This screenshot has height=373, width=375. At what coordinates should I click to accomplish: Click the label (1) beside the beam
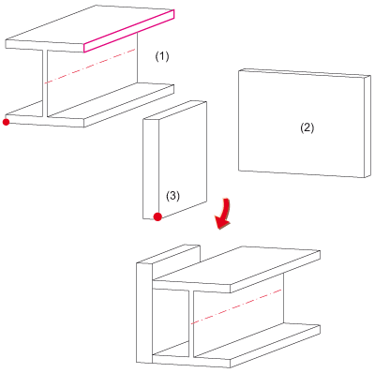click(x=162, y=56)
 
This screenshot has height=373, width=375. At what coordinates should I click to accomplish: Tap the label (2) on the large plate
click(x=307, y=127)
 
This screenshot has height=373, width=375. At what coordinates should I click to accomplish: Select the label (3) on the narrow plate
click(x=172, y=196)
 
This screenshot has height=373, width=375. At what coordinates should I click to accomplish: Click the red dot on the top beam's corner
click(x=6, y=122)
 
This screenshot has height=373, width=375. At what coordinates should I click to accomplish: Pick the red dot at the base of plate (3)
click(x=157, y=216)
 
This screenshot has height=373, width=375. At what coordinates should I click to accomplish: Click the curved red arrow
click(x=223, y=215)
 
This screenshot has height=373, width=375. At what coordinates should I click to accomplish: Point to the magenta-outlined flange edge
click(x=128, y=31)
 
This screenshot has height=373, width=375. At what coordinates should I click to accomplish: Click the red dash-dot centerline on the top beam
click(x=90, y=66)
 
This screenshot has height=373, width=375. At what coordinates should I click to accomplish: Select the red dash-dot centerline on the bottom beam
click(x=236, y=306)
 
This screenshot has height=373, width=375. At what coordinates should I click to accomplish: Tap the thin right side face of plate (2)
click(x=367, y=127)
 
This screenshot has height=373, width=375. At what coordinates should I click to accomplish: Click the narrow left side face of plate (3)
click(x=151, y=169)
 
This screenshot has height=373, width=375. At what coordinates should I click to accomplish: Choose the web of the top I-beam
click(x=92, y=75)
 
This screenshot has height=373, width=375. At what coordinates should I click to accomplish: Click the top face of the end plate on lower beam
click(x=169, y=254)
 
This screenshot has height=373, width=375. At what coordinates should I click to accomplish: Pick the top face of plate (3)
click(x=174, y=111)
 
